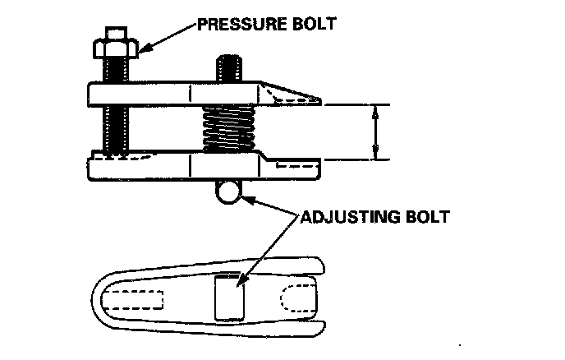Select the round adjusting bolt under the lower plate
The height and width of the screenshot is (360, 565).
click(x=230, y=192)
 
